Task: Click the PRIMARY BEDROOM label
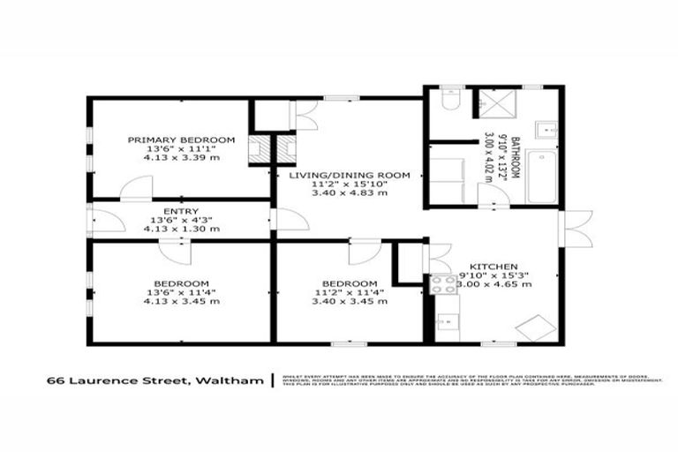(181, 139)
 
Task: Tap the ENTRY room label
(181, 211)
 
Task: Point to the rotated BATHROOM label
(511, 159)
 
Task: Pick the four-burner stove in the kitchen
(441, 285)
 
